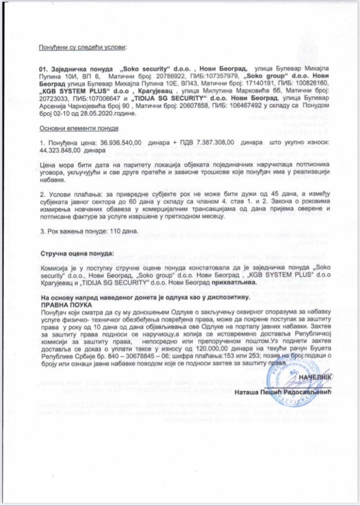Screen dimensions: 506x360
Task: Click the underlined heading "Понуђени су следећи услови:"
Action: (83, 48)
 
